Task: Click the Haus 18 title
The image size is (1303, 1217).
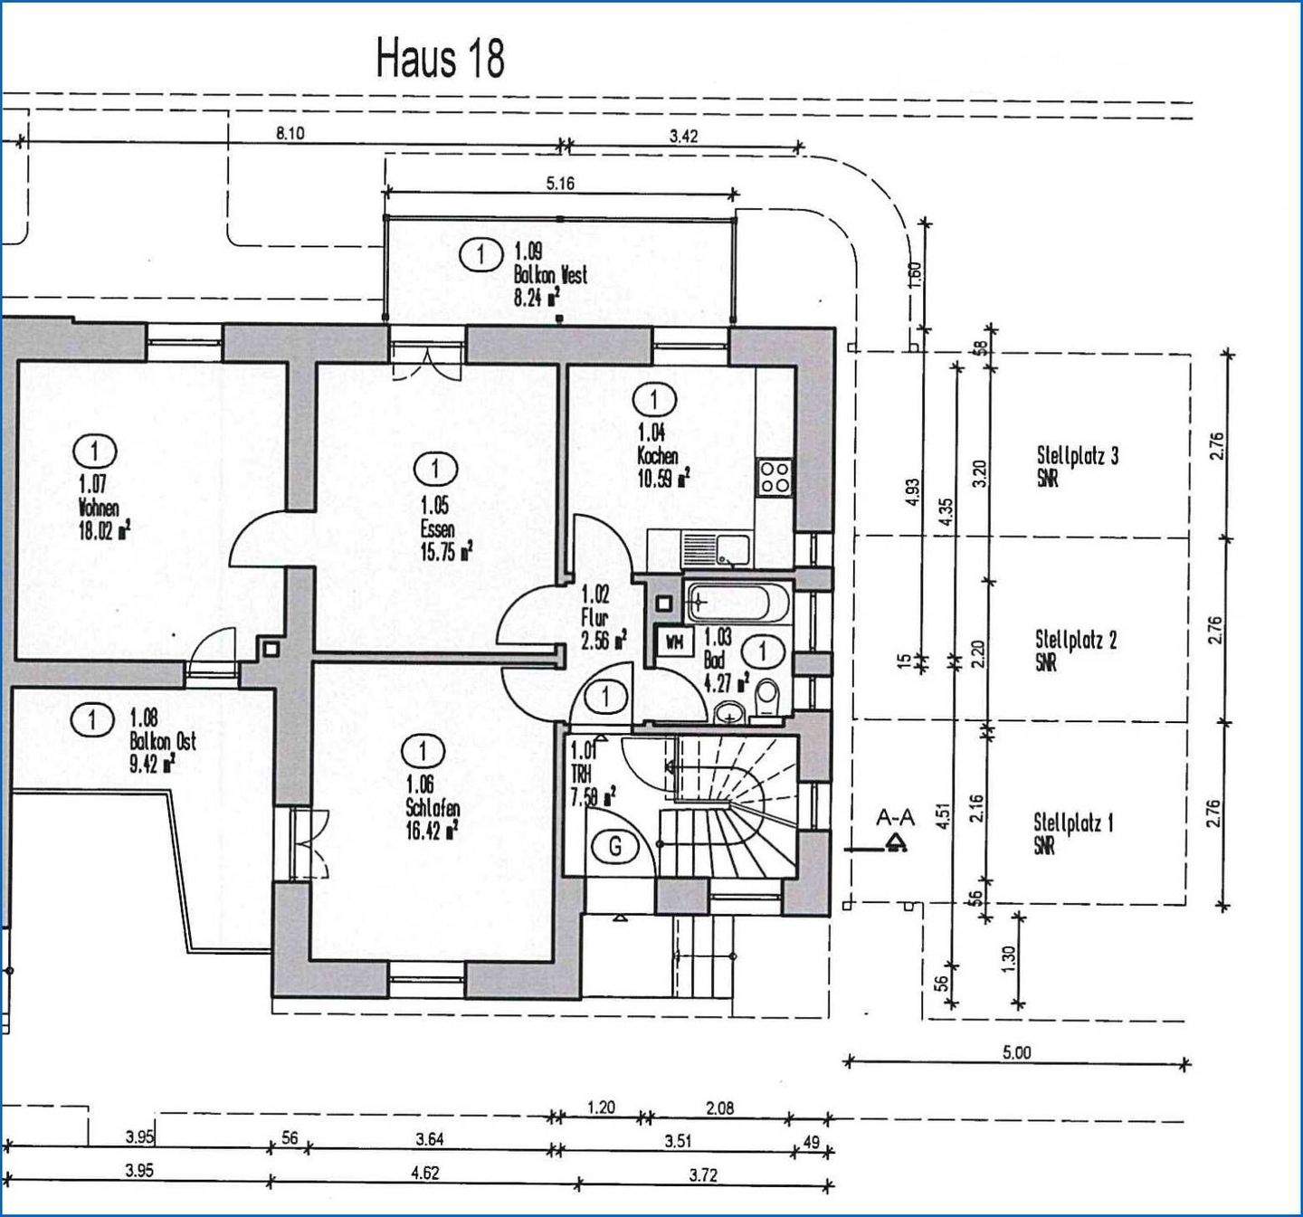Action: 440,60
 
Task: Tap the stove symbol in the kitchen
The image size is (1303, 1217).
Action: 775,476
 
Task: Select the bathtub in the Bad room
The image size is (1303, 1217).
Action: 739,602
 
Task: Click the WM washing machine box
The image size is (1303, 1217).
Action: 674,642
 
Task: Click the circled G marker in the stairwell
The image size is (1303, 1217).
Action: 616,847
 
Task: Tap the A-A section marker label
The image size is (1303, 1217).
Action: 895,818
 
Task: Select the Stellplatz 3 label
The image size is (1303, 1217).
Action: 1077,456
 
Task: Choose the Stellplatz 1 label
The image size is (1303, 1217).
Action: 1073,823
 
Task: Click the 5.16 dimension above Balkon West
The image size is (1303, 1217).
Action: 560,184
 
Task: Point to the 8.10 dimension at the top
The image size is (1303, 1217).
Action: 290,134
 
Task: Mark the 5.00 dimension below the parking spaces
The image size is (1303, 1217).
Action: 1016,1052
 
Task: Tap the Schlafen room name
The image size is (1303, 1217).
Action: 433,808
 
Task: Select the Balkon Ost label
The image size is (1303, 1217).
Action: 162,741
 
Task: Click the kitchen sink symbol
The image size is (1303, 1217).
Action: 715,549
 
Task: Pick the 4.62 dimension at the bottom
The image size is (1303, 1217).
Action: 424,1173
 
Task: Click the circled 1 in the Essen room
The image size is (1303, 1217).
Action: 436,469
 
